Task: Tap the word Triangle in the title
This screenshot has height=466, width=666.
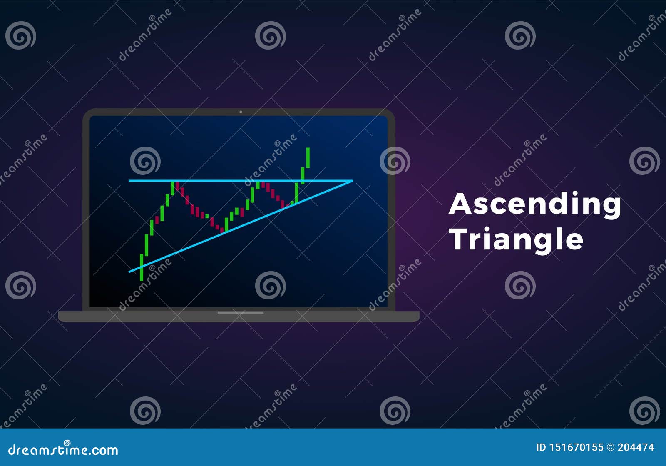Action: tap(516, 240)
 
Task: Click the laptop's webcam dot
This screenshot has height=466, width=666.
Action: tap(241, 112)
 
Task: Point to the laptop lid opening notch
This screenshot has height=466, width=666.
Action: tap(241, 313)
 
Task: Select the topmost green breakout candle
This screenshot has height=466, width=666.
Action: tap(308, 157)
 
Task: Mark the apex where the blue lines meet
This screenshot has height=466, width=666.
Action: tap(352, 181)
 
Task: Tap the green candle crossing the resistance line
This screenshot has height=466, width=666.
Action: tap(303, 175)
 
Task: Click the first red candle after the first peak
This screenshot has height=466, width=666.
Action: tap(178, 186)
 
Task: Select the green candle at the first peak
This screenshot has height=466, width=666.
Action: tap(172, 188)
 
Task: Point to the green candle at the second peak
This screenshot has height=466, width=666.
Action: tap(258, 184)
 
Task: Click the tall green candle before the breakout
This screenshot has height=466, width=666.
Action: tap(296, 192)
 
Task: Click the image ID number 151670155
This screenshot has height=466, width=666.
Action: tap(575, 448)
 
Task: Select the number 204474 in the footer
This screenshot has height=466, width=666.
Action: tap(636, 448)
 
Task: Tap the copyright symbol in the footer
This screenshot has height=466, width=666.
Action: tap(611, 448)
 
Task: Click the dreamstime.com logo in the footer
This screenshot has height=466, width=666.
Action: tap(63, 449)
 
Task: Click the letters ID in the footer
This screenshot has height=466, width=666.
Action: tap(541, 448)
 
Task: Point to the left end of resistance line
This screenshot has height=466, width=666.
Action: tap(129, 181)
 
